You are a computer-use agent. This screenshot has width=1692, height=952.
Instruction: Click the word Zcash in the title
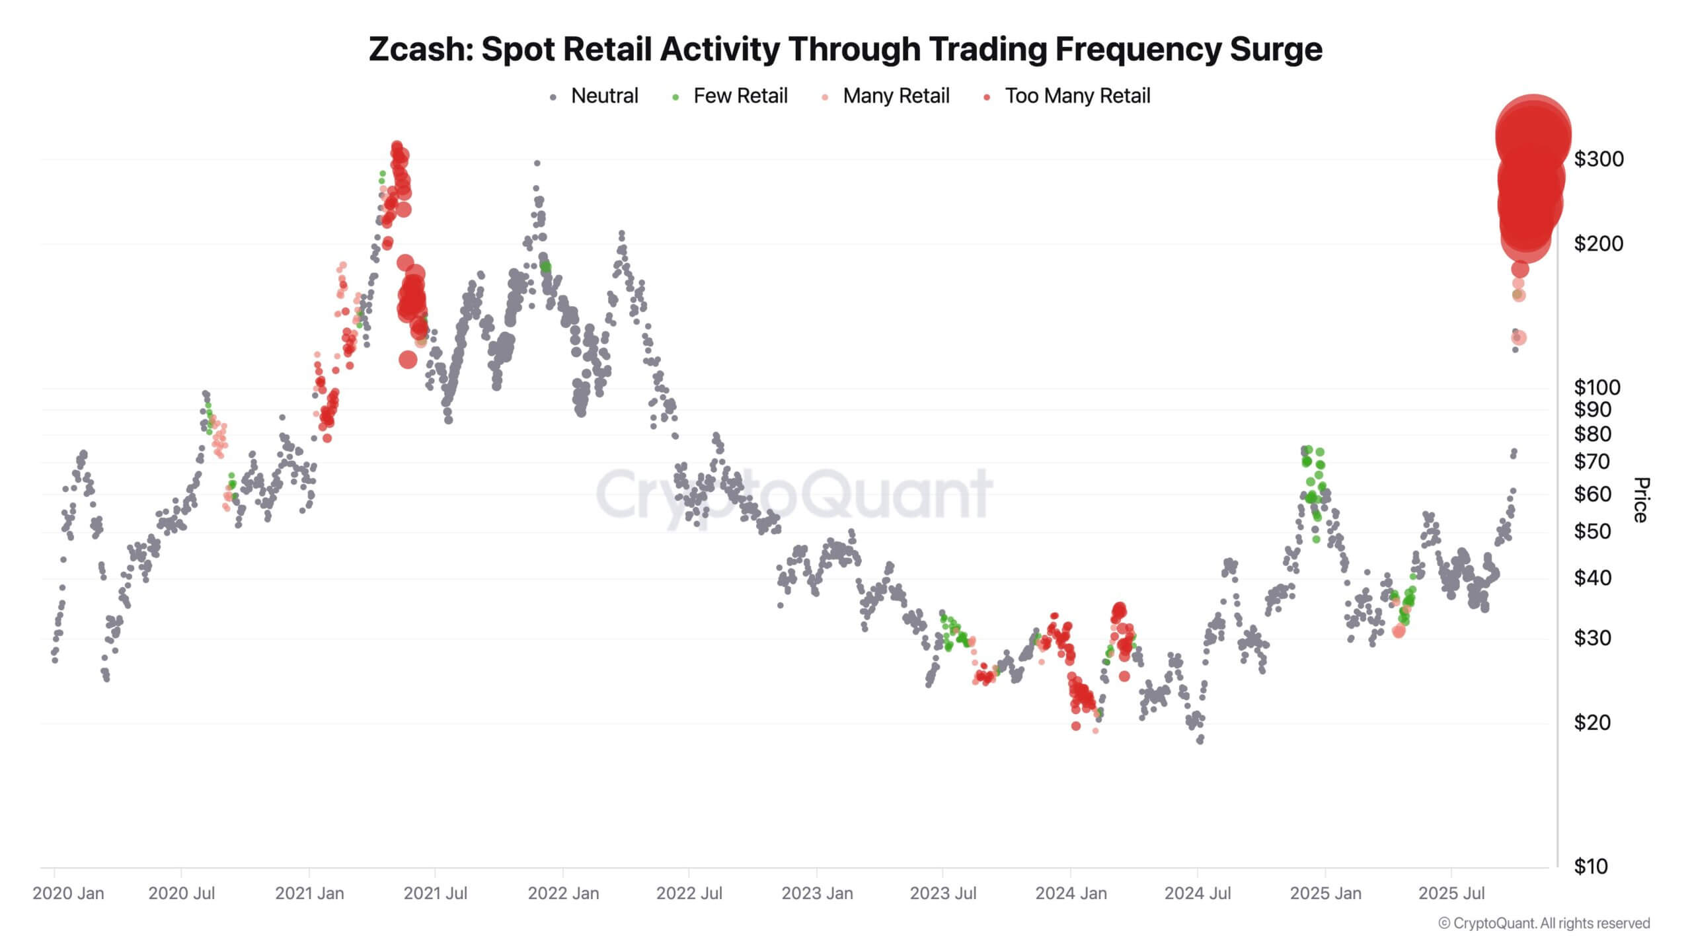[x=419, y=49]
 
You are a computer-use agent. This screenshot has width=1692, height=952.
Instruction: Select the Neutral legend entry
[x=603, y=96]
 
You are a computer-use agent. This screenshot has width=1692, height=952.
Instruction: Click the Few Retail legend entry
[x=740, y=96]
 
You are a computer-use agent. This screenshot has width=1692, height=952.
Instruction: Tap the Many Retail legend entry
[x=896, y=96]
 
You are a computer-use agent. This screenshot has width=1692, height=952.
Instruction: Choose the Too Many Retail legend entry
[x=1077, y=96]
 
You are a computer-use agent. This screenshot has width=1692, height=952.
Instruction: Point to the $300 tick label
[x=1598, y=159]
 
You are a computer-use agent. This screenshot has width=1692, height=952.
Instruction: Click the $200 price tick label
[x=1598, y=244]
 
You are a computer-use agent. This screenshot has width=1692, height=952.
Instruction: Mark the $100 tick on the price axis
[x=1597, y=387]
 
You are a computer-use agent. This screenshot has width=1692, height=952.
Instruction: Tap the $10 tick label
[x=1590, y=866]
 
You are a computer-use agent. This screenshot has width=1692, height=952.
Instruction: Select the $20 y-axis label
[x=1592, y=723]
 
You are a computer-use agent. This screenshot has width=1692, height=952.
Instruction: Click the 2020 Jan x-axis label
[x=68, y=893]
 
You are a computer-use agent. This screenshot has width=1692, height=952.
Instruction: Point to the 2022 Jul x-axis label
[x=689, y=893]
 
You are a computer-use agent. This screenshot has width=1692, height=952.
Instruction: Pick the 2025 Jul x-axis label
[x=1451, y=893]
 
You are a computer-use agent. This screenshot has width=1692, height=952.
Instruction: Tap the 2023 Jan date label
[x=817, y=893]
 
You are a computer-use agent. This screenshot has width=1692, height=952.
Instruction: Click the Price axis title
[x=1640, y=500]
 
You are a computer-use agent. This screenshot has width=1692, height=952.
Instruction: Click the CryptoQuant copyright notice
[x=1544, y=924]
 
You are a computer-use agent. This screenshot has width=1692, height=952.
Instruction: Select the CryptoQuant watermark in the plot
[x=793, y=495]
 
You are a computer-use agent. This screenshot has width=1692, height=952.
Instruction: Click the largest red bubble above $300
[x=1533, y=136]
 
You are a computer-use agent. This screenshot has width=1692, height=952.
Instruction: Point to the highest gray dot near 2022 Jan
[x=537, y=163]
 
